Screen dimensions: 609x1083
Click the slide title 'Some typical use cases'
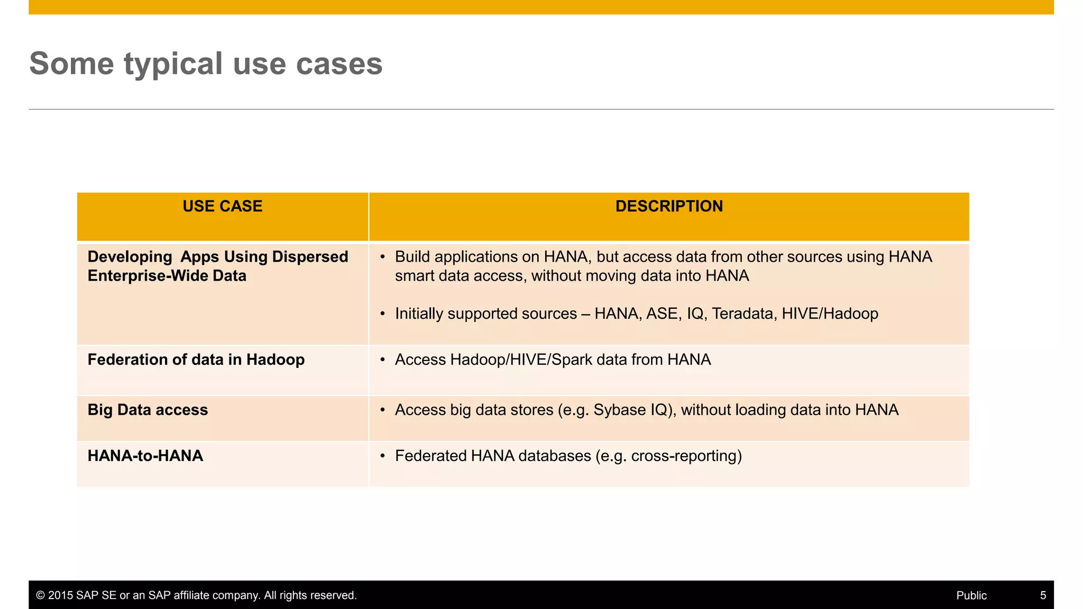[206, 63]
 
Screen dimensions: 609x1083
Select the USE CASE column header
[222, 206]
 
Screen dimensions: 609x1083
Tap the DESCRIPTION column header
[669, 206]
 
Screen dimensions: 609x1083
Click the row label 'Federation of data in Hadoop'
[196, 359]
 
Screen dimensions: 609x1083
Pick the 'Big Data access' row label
[148, 410]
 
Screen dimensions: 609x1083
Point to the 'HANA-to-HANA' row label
[145, 456]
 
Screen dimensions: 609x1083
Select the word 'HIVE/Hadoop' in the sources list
[830, 313]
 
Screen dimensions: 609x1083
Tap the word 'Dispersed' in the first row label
[310, 257]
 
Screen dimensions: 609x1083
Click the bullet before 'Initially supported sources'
[382, 314]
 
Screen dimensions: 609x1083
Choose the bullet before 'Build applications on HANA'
[382, 257]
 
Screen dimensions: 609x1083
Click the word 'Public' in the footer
[971, 595]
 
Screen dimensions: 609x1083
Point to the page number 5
[1043, 595]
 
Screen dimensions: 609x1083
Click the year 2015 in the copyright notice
[60, 595]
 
